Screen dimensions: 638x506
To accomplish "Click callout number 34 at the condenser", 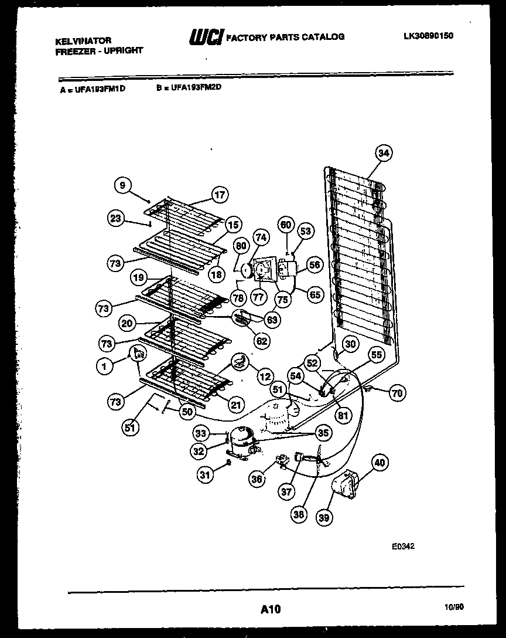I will point(382,154).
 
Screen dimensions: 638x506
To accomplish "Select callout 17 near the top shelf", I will point(219,195).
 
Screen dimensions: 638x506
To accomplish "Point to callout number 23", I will point(115,218).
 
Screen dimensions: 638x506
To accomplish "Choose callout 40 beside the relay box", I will point(380,463).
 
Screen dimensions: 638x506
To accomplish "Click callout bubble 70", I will point(397,393).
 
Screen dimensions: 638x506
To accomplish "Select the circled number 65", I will point(314,294).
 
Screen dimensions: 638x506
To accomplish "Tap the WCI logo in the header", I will point(205,38).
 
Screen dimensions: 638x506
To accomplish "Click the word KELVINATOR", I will point(83,41).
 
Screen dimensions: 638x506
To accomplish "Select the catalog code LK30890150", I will point(428,36).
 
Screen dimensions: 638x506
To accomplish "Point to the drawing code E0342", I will point(403,546).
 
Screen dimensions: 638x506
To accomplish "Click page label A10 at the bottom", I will point(270,609).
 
